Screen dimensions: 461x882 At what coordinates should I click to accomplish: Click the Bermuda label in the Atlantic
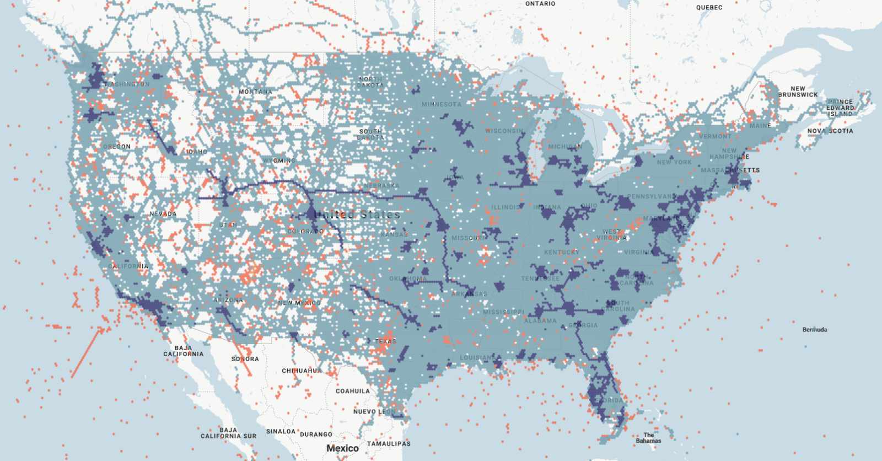(x=814, y=330)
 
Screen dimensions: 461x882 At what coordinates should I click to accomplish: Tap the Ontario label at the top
(x=540, y=4)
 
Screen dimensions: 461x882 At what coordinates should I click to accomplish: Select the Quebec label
(x=709, y=8)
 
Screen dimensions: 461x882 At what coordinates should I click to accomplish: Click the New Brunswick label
(x=798, y=92)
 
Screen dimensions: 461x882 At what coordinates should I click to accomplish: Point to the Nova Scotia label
(x=830, y=131)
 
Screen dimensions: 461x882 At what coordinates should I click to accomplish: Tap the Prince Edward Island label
(x=840, y=108)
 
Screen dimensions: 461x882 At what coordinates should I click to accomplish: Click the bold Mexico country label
(x=342, y=448)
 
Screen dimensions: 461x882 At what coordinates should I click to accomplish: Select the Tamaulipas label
(x=389, y=444)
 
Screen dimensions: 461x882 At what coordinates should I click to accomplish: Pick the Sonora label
(x=245, y=359)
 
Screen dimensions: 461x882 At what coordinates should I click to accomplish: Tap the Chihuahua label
(x=302, y=371)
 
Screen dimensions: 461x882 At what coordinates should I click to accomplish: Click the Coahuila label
(x=353, y=391)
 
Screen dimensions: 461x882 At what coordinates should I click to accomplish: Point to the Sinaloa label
(x=281, y=432)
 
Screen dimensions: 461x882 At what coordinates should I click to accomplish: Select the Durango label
(x=316, y=435)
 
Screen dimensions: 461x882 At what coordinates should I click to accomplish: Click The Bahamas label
(x=648, y=438)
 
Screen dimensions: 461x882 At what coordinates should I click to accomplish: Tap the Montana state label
(x=255, y=92)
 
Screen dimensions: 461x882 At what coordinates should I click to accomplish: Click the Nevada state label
(x=163, y=214)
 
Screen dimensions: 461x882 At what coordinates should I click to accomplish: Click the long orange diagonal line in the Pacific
(x=87, y=353)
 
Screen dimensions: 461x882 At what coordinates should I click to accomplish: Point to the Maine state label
(x=760, y=126)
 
